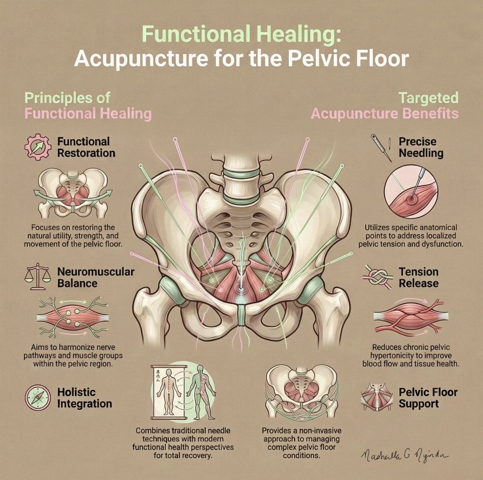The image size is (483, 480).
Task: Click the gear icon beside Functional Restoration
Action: point(38,147)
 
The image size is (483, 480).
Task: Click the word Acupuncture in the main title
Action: point(137,59)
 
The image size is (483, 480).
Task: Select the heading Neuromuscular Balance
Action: point(95,277)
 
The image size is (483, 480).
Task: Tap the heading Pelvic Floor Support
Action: point(428,398)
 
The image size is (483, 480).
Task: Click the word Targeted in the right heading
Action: point(429,97)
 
